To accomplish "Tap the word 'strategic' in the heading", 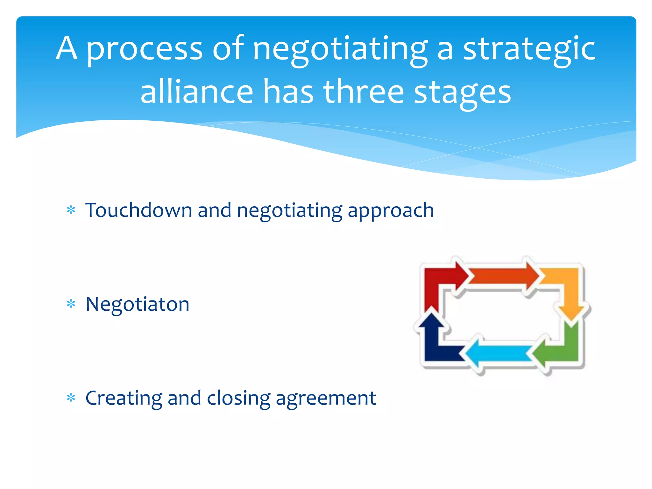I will (x=529, y=49).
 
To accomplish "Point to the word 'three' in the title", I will (x=364, y=92).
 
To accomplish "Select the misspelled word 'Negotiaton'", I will (x=138, y=304).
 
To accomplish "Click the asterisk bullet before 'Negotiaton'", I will (x=71, y=304).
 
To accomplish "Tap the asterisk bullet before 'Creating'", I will (x=71, y=398).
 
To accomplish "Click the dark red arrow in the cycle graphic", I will (x=438, y=280).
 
